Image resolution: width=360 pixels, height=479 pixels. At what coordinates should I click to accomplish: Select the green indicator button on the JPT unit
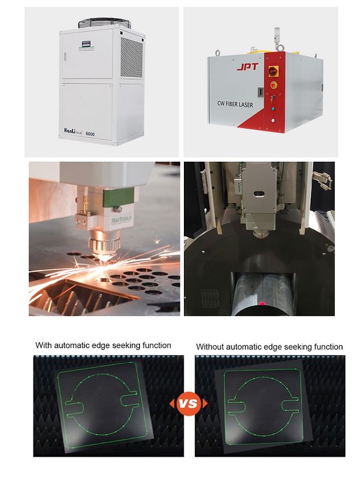tap(274, 109)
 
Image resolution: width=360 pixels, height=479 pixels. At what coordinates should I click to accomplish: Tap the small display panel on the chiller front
tap(85, 43)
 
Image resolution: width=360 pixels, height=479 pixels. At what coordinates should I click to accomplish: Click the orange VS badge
tap(189, 403)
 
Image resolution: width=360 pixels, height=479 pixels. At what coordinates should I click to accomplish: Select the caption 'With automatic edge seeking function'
tap(103, 345)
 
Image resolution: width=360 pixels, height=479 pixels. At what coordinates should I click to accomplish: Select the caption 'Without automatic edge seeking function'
tap(270, 347)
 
